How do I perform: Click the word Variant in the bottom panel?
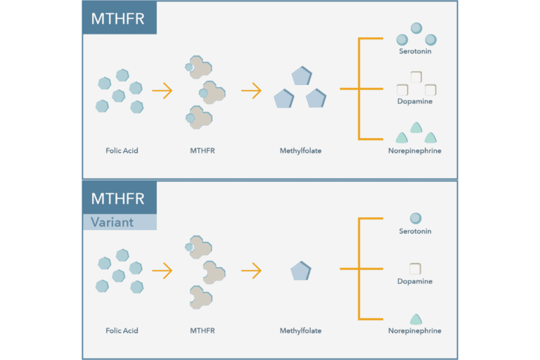pos(112,221)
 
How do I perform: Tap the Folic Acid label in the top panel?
pos(122,150)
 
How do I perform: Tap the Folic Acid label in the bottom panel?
pos(122,330)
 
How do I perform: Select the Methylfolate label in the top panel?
pos(300,150)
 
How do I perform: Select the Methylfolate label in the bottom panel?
pos(300,330)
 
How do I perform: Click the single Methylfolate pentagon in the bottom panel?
pos(301,271)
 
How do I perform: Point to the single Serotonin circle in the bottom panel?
pos(415,219)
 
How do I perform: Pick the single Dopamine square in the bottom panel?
pos(415,269)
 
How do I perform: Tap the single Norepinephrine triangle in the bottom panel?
pos(415,319)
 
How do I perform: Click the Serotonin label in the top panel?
pos(415,51)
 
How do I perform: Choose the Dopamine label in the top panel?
pos(415,101)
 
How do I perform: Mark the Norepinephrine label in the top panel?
pos(415,150)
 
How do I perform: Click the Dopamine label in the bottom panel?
pos(415,281)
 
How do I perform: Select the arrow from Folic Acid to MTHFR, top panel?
pos(162,91)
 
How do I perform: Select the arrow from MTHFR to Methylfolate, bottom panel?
pos(251,271)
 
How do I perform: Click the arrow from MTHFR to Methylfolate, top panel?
pos(251,91)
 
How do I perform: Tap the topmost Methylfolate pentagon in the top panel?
pos(301,77)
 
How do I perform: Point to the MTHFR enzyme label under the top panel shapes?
pos(202,150)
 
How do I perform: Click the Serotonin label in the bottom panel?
pos(415,231)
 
